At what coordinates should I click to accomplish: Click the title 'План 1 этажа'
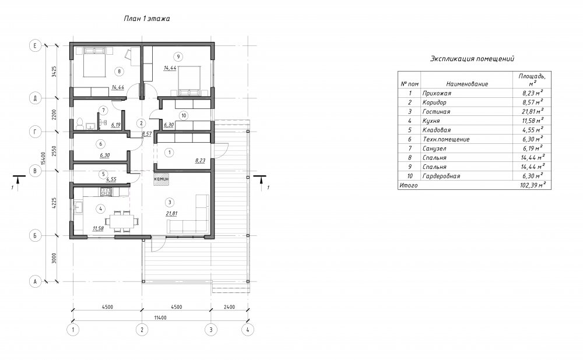(x=147, y=19)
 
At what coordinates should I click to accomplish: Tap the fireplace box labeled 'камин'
(x=161, y=178)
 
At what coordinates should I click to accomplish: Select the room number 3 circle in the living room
(x=170, y=202)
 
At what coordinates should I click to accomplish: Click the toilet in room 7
(x=79, y=123)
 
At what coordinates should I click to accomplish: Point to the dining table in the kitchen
(x=122, y=222)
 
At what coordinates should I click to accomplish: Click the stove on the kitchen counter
(x=106, y=192)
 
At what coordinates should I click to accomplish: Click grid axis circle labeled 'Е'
(x=35, y=45)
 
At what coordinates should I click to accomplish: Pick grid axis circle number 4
(x=248, y=330)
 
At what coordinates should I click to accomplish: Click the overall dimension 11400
(x=160, y=317)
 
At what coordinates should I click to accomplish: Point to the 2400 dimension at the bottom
(x=229, y=307)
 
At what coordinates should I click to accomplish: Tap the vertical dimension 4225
(x=54, y=203)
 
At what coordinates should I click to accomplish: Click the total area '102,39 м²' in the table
(x=532, y=185)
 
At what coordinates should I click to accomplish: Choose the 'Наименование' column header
(x=467, y=84)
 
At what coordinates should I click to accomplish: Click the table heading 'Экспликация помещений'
(x=472, y=59)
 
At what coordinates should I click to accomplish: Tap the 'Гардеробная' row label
(x=441, y=176)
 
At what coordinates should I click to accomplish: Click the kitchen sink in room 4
(x=79, y=207)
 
